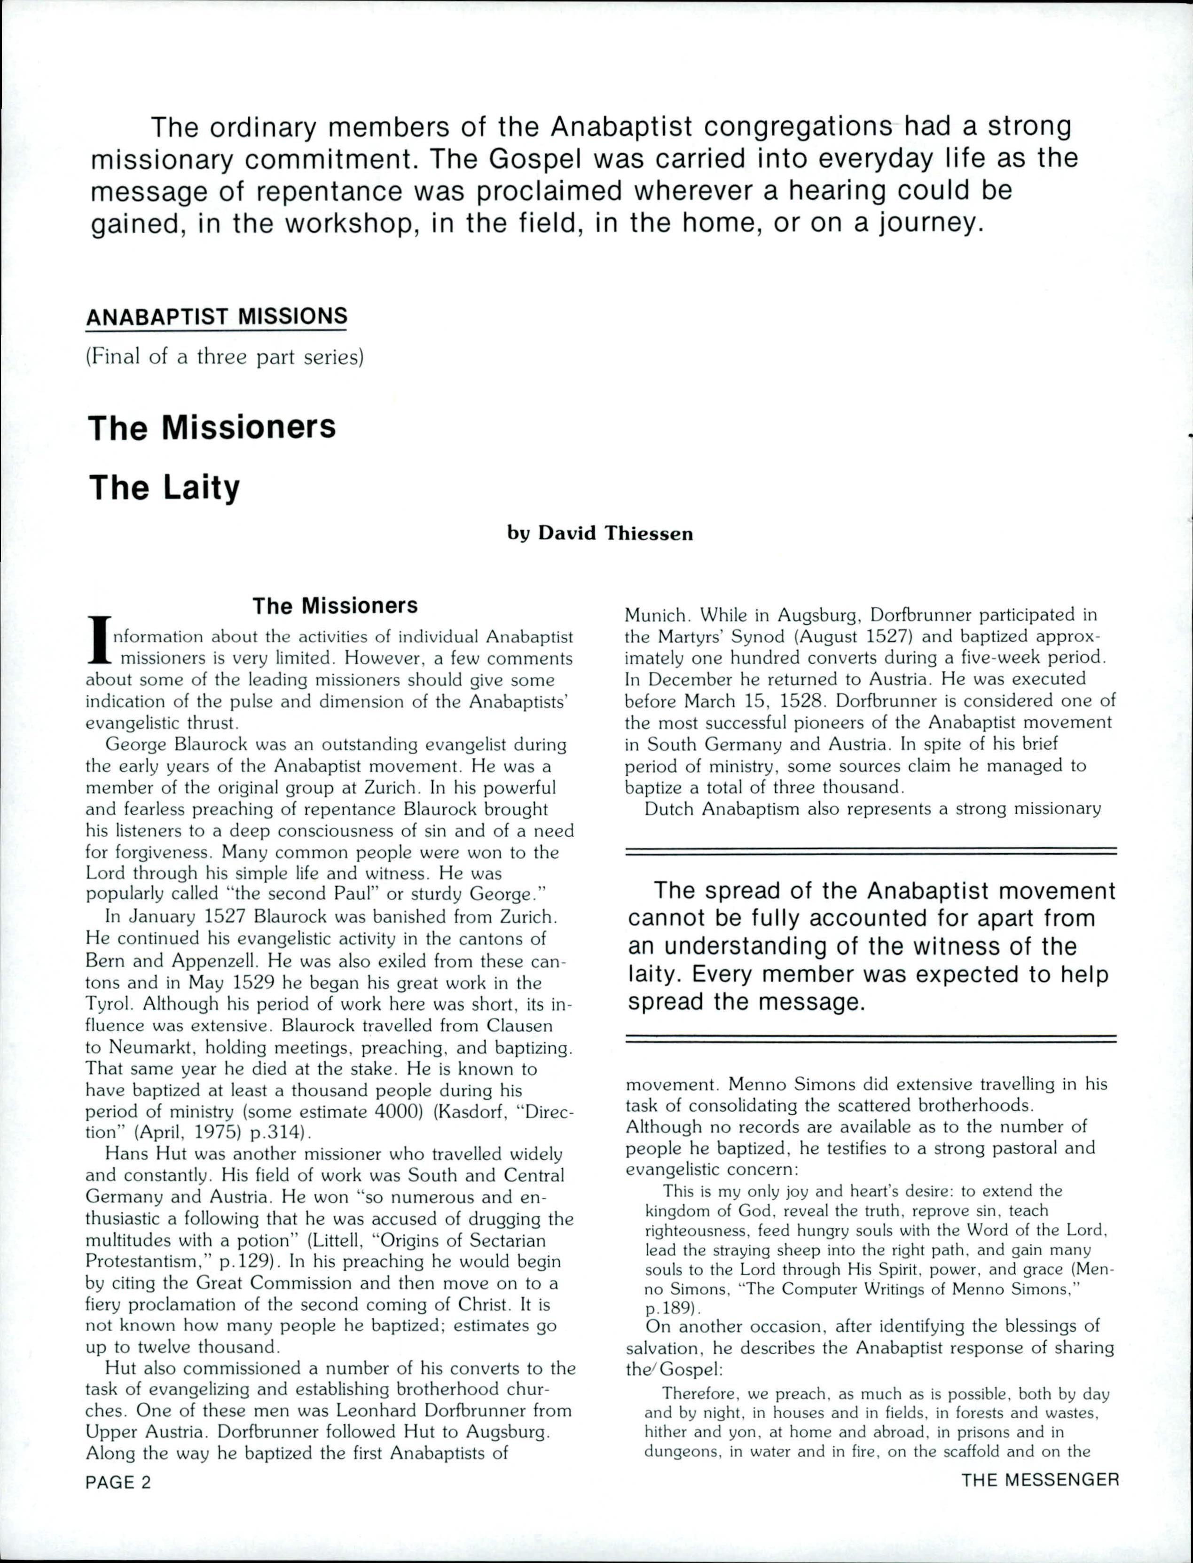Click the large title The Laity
(x=164, y=488)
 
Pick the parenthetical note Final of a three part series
(x=224, y=356)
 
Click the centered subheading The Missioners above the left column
(x=335, y=606)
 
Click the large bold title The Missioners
(x=212, y=427)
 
